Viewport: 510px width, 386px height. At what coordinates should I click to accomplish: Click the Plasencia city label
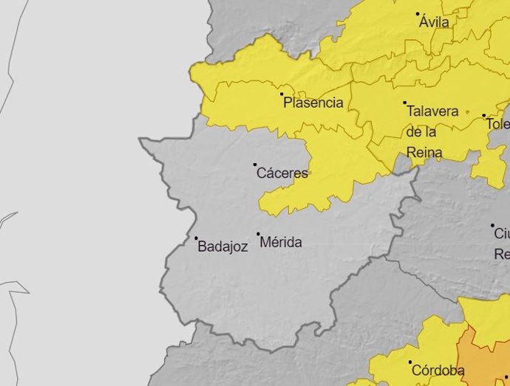click(x=313, y=103)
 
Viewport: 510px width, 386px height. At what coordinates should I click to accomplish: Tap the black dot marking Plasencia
click(x=282, y=94)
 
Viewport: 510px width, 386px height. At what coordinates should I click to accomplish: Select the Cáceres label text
click(x=282, y=174)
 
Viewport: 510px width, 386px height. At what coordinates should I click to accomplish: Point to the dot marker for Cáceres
click(x=255, y=165)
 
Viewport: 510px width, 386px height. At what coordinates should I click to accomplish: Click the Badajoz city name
click(x=222, y=247)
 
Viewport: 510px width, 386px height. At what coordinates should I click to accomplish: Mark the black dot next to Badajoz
click(x=196, y=238)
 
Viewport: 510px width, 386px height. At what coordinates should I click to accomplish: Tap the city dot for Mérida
click(x=258, y=234)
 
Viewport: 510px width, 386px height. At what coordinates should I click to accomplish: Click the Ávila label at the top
click(x=434, y=23)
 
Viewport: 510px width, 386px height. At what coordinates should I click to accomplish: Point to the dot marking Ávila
click(x=418, y=13)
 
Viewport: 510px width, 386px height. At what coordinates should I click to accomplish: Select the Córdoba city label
click(x=438, y=371)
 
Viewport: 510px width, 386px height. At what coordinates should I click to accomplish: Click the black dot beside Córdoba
click(x=410, y=362)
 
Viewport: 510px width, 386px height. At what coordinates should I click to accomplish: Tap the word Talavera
click(x=432, y=111)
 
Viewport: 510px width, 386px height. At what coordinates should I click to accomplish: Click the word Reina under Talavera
click(x=424, y=153)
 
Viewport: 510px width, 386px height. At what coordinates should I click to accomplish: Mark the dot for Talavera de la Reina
click(x=404, y=103)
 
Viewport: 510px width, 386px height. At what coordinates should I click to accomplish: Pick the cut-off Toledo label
click(x=497, y=124)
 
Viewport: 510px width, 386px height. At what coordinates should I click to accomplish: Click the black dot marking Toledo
click(x=484, y=115)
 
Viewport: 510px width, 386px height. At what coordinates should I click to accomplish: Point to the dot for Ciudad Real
click(x=492, y=225)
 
